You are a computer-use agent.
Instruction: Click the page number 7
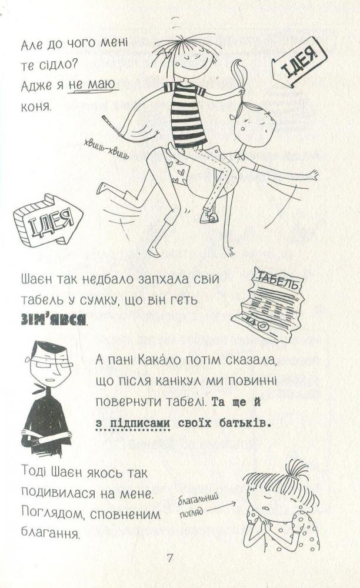[170, 558]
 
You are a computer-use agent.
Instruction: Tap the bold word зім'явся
[53, 320]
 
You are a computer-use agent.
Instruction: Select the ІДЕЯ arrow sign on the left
[47, 218]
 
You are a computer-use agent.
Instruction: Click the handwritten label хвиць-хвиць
[106, 149]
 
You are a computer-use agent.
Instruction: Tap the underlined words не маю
[92, 85]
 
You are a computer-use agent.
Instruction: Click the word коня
[36, 106]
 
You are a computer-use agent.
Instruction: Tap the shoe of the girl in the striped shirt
[209, 216]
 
